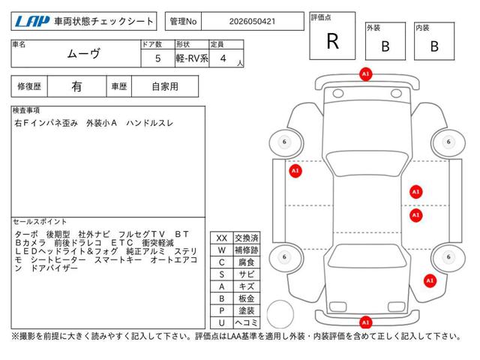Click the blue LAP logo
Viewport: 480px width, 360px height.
pos(32,22)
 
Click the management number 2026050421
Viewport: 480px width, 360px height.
pos(252,22)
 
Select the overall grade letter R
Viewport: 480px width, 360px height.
pos(333,41)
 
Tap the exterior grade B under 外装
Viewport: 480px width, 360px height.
pos(385,46)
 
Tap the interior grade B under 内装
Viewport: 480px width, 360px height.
pos(434,46)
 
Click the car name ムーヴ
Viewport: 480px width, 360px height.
pos(83,54)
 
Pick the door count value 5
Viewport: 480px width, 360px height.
pos(158,58)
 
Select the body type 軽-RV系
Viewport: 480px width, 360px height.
pos(192,58)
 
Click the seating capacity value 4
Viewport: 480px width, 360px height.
pos(223,58)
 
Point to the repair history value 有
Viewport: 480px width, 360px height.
pos(76,87)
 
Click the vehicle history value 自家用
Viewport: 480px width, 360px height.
pos(165,87)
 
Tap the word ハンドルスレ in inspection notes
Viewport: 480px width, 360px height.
pos(150,123)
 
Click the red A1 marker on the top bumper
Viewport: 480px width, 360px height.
pos(365,74)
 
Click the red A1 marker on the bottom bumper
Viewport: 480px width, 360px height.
pos(365,322)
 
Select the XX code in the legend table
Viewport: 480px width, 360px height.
pos(222,238)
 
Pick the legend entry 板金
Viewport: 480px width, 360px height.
pos(247,298)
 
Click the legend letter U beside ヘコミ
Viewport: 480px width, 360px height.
pos(222,322)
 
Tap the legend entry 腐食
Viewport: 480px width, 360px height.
pos(247,262)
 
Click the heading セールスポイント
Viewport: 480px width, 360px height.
pos(40,221)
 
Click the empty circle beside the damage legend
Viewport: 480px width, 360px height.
pos(280,315)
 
